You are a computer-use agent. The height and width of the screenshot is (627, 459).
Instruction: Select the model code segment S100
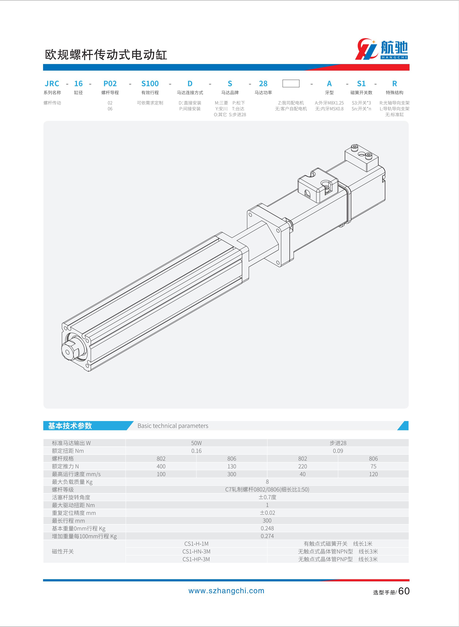150,84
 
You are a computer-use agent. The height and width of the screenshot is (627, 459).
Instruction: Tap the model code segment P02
110,84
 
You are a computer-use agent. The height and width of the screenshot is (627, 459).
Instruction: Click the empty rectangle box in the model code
291,83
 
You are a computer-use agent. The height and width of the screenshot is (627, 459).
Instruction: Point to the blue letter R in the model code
395,84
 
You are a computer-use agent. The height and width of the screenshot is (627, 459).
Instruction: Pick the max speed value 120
373,474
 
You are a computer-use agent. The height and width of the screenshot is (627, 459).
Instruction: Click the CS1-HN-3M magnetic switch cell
196,552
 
